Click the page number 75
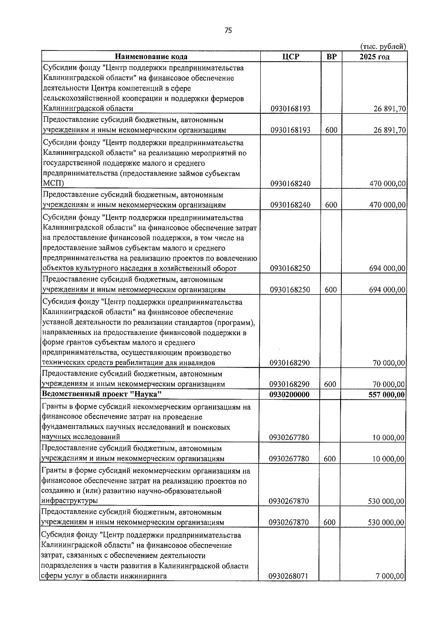pyautogui.click(x=228, y=31)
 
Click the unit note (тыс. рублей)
pyautogui.click(x=383, y=46)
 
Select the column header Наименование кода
pyautogui.click(x=151, y=56)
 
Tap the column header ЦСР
pyautogui.click(x=291, y=56)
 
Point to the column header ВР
pyautogui.click(x=331, y=56)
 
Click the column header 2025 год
pyautogui.click(x=374, y=56)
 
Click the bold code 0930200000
pyautogui.click(x=289, y=394)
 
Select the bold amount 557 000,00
pyautogui.click(x=386, y=395)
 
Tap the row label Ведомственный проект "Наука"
pyautogui.click(x=102, y=394)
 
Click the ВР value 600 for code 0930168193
pyautogui.click(x=331, y=130)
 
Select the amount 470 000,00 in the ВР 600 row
pyautogui.click(x=387, y=205)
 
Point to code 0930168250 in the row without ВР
pyautogui.click(x=290, y=268)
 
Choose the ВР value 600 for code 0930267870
pyautogui.click(x=330, y=522)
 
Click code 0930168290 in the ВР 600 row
pyautogui.click(x=289, y=384)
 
